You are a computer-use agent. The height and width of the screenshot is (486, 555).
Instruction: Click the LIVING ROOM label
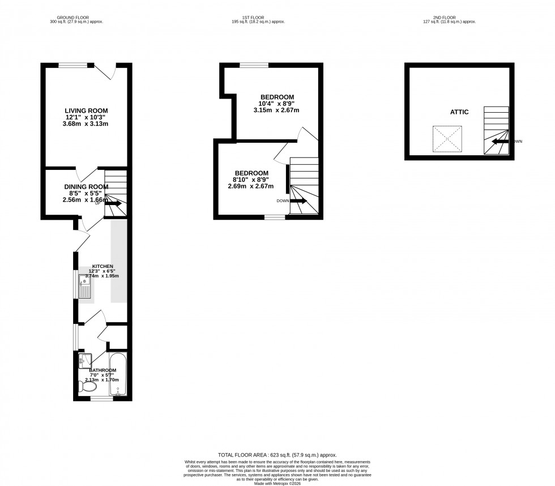click(x=86, y=110)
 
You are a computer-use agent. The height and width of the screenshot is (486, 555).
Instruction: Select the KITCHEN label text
click(x=103, y=266)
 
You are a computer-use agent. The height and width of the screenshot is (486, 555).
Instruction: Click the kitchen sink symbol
click(x=85, y=288)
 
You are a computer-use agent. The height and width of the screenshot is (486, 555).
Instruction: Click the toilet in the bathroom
click(x=88, y=387)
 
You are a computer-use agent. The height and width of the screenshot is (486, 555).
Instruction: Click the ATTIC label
click(x=459, y=112)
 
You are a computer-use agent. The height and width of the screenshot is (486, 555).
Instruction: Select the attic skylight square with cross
click(x=445, y=139)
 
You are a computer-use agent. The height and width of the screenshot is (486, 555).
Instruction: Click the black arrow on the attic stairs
click(x=499, y=142)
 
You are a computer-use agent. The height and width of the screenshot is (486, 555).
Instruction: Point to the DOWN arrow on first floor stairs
click(x=298, y=201)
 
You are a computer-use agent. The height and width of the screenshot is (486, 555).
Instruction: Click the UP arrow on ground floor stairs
click(x=113, y=202)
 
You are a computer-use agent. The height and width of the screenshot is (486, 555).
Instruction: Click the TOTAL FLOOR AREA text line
click(x=277, y=455)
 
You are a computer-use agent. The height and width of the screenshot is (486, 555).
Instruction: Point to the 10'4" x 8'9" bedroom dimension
click(x=277, y=103)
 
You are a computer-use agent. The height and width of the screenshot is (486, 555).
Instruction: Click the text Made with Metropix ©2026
click(x=277, y=483)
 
